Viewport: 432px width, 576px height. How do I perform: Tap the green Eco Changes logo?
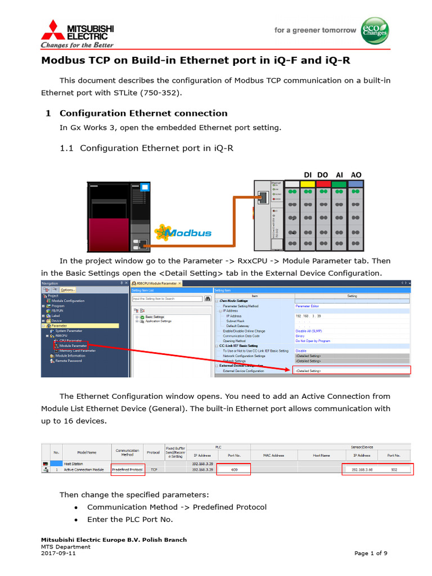[374, 30]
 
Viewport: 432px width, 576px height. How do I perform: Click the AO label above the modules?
[356, 175]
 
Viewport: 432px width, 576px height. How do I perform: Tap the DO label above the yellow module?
[322, 175]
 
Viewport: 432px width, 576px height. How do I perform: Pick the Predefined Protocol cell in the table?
[127, 469]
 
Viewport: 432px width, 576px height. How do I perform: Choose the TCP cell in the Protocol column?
[154, 469]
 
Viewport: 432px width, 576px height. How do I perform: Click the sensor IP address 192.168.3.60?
[362, 469]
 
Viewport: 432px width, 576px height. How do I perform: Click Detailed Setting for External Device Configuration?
[308, 371]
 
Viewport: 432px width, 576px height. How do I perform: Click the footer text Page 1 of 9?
[371, 553]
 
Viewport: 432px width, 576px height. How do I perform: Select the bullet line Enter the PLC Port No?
[130, 519]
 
